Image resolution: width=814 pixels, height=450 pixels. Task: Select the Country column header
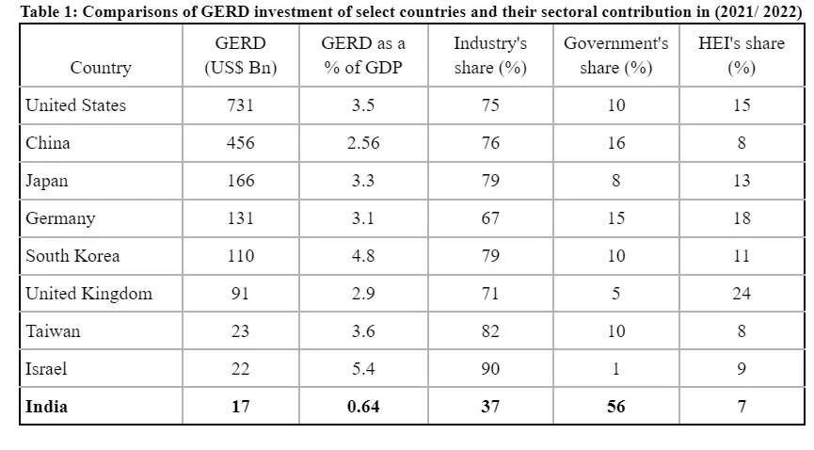click(x=101, y=68)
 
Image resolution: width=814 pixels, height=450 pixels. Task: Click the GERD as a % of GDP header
click(x=363, y=56)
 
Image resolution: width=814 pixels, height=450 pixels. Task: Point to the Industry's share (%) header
click(x=490, y=56)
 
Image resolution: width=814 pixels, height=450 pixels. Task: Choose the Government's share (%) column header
click(x=616, y=56)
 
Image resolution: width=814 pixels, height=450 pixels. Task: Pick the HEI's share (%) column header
click(x=742, y=56)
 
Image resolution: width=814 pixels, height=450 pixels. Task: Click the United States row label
click(x=75, y=105)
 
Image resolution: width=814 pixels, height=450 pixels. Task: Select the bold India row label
click(x=46, y=407)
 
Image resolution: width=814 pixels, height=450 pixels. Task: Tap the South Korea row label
click(x=72, y=256)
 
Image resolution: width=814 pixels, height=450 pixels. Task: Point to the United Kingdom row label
click(x=88, y=294)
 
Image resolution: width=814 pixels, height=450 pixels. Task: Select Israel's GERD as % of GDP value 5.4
click(x=363, y=369)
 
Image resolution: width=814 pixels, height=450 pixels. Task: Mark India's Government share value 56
click(x=616, y=407)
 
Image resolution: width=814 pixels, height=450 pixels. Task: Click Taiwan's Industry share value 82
click(x=490, y=331)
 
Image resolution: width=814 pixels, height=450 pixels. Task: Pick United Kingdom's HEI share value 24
click(x=742, y=294)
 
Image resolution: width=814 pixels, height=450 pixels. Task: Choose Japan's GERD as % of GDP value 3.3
click(x=363, y=181)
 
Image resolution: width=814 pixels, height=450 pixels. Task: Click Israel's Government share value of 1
click(x=616, y=369)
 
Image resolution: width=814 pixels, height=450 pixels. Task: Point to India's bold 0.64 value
click(x=363, y=407)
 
